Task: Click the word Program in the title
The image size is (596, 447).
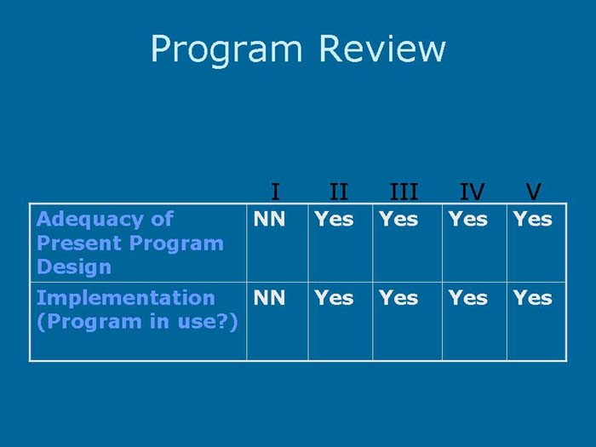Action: (x=226, y=49)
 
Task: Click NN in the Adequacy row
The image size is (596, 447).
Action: (x=269, y=220)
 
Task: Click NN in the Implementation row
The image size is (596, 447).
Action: (x=269, y=298)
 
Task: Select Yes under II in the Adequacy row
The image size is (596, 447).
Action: (x=334, y=220)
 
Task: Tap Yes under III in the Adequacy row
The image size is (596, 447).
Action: (x=398, y=220)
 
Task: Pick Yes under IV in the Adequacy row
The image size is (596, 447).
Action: (x=467, y=220)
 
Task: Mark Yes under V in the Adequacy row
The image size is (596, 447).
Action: (x=532, y=220)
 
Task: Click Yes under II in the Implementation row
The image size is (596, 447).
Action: (x=334, y=298)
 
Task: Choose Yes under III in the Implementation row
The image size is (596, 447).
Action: (x=398, y=298)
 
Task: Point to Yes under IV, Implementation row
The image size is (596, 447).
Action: (x=467, y=298)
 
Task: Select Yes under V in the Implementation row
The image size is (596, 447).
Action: (x=532, y=298)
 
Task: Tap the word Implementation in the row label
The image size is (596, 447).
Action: (x=125, y=298)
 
